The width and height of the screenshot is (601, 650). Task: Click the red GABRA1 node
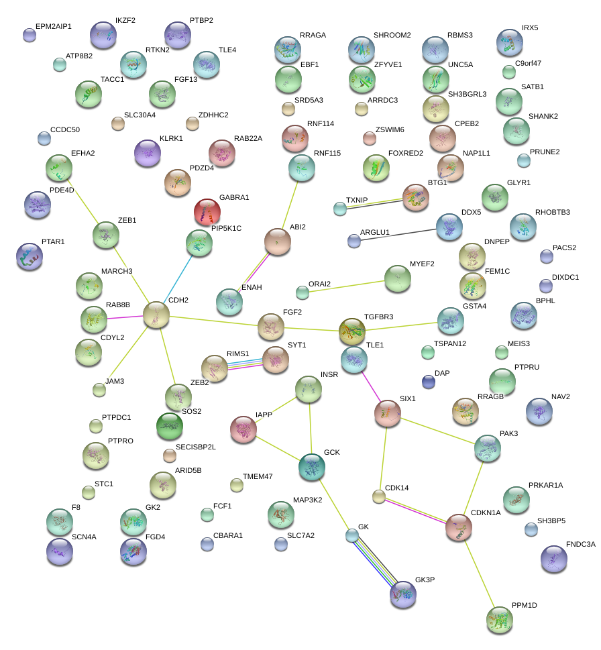point(207,212)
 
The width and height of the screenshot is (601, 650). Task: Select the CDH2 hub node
point(156,314)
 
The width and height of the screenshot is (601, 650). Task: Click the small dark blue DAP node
point(429,382)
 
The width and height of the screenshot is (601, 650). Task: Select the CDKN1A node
point(459,527)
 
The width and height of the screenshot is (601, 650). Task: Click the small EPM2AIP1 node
point(30,35)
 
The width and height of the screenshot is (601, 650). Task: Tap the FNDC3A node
point(554,558)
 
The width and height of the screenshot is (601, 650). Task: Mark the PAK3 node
point(487,448)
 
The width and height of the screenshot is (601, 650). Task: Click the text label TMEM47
point(258,476)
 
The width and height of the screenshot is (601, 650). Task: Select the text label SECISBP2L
point(196,447)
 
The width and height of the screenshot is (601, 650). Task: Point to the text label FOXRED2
point(406,154)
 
